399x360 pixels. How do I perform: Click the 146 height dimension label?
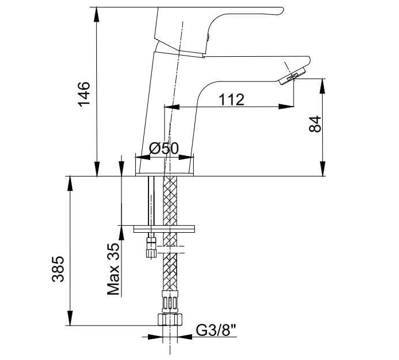pyautogui.click(x=84, y=93)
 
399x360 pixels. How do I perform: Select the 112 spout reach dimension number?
pyautogui.click(x=231, y=99)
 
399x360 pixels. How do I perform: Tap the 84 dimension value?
pyautogui.click(x=315, y=124)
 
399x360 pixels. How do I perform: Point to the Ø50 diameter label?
pyautogui.click(x=164, y=148)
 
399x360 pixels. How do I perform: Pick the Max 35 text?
pyautogui.click(x=114, y=269)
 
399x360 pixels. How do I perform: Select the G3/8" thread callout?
pyautogui.click(x=216, y=331)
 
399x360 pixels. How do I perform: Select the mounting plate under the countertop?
pyautogui.click(x=165, y=229)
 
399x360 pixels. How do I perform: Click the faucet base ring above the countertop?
pyautogui.click(x=164, y=167)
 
